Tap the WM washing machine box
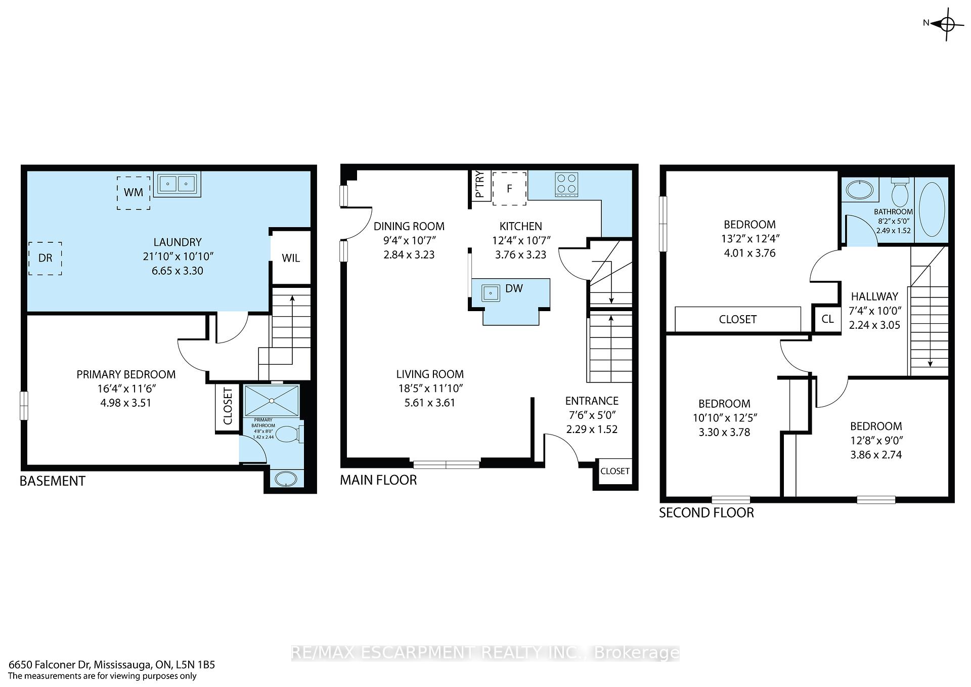[134, 193]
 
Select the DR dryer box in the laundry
[45, 258]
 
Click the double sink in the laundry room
[176, 184]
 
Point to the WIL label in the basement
[291, 258]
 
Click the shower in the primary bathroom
[272, 401]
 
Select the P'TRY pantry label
[480, 185]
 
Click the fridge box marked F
[510, 188]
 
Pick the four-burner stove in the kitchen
[566, 184]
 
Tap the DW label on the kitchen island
[514, 288]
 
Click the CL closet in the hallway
[827, 319]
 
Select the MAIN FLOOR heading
[378, 480]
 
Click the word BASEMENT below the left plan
[53, 481]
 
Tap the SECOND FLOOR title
[707, 513]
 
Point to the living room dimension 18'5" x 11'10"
[430, 389]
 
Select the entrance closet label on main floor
[615, 471]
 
